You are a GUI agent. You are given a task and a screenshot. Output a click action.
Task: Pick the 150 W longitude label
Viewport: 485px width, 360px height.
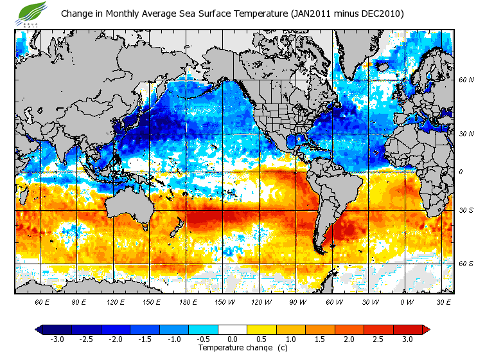tap(224, 301)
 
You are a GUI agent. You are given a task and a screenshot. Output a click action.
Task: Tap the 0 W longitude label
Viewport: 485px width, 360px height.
tap(407, 301)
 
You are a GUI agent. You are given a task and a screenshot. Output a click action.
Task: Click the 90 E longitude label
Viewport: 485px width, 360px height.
tap(78, 301)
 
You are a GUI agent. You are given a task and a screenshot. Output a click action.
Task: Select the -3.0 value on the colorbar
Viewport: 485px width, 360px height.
tap(57, 339)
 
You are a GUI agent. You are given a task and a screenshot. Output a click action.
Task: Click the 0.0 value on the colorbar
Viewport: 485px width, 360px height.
tap(233, 339)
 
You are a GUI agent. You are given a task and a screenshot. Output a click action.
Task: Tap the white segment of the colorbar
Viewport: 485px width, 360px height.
tap(233, 329)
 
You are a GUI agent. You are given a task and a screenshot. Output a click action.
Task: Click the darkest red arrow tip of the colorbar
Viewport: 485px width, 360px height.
tap(426, 329)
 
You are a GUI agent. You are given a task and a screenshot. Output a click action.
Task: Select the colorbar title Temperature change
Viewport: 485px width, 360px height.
tap(233, 348)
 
